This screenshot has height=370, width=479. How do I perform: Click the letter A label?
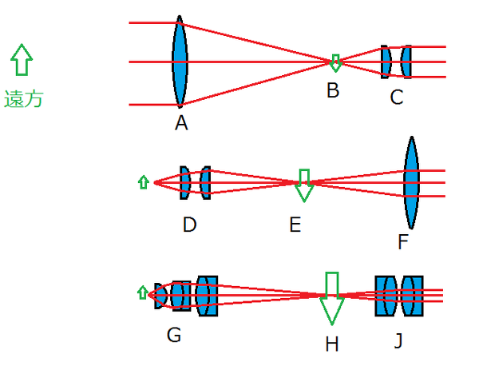click(x=181, y=123)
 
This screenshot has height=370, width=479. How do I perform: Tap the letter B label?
click(x=333, y=90)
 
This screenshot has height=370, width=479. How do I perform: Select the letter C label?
click(x=397, y=97)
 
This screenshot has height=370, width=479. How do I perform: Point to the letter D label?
click(x=189, y=225)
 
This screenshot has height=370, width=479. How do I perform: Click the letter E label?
click(x=295, y=225)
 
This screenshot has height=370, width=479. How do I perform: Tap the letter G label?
click(x=173, y=335)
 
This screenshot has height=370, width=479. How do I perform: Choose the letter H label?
click(x=332, y=344)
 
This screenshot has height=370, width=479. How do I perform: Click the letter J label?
click(x=398, y=340)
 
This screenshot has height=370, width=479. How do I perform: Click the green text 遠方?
click(x=24, y=99)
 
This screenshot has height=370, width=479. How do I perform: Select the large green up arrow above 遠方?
click(x=22, y=61)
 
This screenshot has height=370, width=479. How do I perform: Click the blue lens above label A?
click(x=180, y=62)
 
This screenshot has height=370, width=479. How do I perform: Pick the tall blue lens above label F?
click(x=411, y=183)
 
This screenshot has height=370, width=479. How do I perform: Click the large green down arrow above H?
click(x=332, y=296)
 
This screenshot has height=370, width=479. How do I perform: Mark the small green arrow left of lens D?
click(x=144, y=182)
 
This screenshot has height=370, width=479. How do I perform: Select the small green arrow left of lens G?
click(x=144, y=292)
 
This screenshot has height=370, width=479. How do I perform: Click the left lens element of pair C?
click(x=386, y=62)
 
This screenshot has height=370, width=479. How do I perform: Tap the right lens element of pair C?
click(x=406, y=62)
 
